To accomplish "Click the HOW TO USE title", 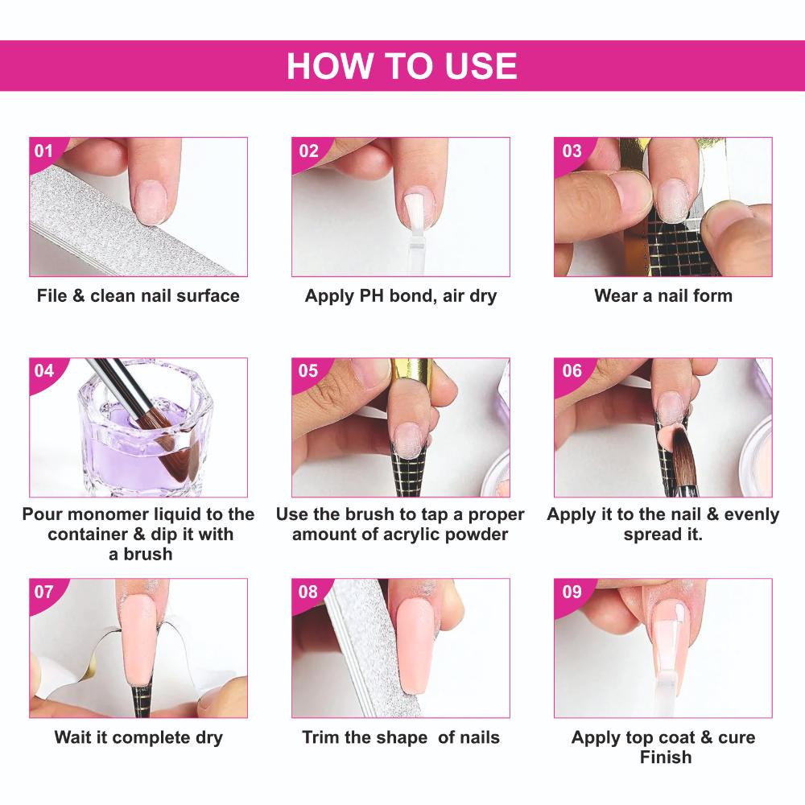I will [402, 66].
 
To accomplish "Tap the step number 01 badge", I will [43, 151].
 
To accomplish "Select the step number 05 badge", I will [308, 371].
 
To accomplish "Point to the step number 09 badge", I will [571, 592].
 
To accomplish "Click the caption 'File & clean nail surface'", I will [138, 295].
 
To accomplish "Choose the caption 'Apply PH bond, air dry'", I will [401, 295].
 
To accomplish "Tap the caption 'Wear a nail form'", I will [663, 295].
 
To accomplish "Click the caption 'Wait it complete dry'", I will [138, 737].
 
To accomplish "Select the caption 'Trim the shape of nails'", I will [401, 737].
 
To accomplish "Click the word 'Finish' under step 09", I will [665, 757].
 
